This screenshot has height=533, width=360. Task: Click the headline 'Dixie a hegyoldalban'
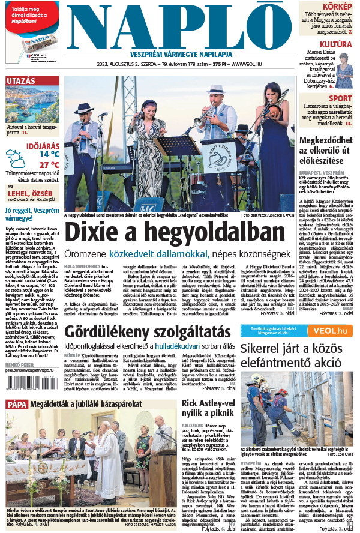tap(174, 235)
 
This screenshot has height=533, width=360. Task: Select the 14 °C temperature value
tap(49, 154)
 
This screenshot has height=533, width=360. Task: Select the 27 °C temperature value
tap(49, 164)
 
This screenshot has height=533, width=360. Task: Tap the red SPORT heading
tap(340, 98)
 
